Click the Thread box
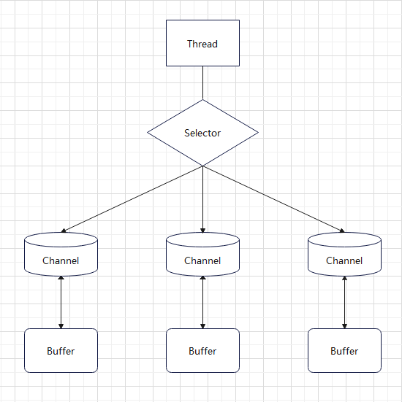[x=202, y=43]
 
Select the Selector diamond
[x=202, y=133]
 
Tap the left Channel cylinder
[x=61, y=254]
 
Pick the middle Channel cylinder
[x=202, y=254]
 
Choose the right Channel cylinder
[x=344, y=254]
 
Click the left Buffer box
[x=61, y=350]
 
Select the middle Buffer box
[x=202, y=350]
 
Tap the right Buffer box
[x=344, y=350]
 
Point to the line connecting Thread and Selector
[x=202, y=83]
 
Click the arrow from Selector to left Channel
[x=132, y=199]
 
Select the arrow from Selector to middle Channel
[x=202, y=199]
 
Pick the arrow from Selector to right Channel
[x=273, y=199]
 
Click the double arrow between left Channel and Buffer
[x=61, y=302]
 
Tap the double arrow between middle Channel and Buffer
[x=202, y=302]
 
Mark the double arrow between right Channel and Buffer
[x=344, y=302]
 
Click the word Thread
[x=202, y=44]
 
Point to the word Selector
[x=202, y=133]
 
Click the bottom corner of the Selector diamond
[x=202, y=166]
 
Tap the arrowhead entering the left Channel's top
[x=64, y=231]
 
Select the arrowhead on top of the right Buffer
[x=344, y=326]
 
